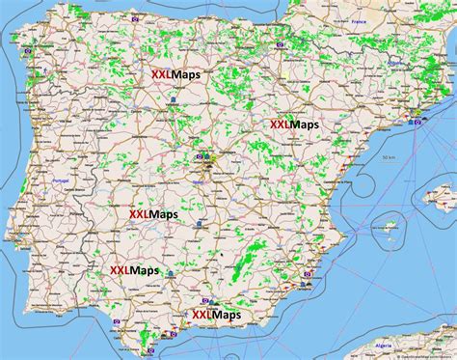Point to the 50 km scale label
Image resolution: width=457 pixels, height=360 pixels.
(388, 157)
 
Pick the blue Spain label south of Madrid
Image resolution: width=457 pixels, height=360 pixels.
(199, 180)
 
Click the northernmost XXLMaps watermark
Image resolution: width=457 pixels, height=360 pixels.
(175, 73)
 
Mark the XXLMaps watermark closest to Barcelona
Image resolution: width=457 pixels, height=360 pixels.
(293, 124)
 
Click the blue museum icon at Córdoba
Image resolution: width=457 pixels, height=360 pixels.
(171, 273)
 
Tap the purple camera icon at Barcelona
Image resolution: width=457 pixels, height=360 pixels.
(417, 113)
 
